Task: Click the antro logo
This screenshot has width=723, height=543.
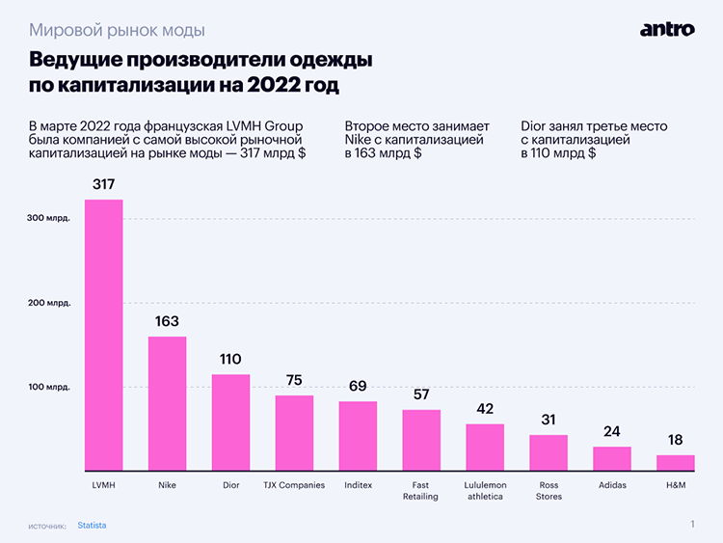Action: (666, 29)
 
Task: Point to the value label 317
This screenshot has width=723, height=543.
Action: (103, 184)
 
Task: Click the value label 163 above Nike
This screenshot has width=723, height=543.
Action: (167, 321)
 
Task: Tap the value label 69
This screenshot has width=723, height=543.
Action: (358, 386)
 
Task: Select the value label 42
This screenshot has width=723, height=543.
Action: (485, 408)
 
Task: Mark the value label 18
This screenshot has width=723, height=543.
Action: (675, 440)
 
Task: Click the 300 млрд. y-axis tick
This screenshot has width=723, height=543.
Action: (49, 219)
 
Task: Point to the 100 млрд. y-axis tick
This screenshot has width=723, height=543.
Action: (49, 388)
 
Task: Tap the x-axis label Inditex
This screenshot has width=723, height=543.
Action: (358, 485)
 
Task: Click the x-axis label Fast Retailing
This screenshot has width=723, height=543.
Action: (421, 491)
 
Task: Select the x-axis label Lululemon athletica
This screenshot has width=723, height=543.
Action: (485, 491)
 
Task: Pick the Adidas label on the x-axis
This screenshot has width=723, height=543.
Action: (611, 485)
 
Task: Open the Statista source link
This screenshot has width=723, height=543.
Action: (92, 526)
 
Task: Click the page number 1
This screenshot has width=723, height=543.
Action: (692, 525)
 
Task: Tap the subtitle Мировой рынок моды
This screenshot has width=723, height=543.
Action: (117, 30)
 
